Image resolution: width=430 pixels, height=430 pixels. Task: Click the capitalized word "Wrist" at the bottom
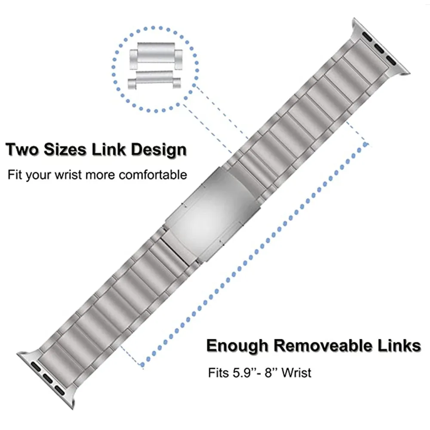point(297,372)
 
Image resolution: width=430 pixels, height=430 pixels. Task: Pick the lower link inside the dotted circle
point(155,80)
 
